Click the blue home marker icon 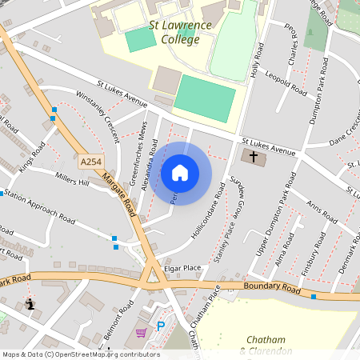(x=179, y=173)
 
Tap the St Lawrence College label (x=180, y=33)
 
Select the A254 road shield (x=91, y=162)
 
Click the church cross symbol (x=254, y=157)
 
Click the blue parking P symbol (x=161, y=326)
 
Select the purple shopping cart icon (x=141, y=333)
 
